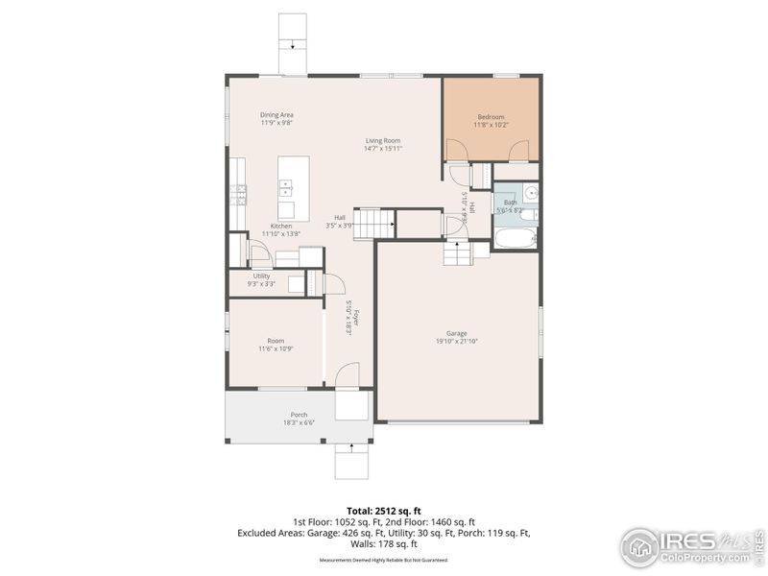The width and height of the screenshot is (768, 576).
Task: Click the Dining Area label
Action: tap(276, 115)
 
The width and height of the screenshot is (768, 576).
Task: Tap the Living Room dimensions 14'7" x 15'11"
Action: tap(383, 149)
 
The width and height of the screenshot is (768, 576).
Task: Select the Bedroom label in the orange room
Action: tap(491, 117)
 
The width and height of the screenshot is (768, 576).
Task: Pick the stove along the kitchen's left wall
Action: tap(238, 196)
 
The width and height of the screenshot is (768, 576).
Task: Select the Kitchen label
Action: tap(281, 226)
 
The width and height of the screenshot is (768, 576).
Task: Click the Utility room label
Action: tap(261, 276)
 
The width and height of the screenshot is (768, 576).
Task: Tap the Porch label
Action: tap(300, 415)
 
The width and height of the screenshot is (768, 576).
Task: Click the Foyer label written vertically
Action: tap(355, 318)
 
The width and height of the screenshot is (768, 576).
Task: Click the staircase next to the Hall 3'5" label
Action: tap(375, 224)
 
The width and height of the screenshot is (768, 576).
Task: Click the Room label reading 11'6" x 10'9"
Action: tap(276, 341)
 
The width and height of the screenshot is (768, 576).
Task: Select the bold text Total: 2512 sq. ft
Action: tap(384, 510)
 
